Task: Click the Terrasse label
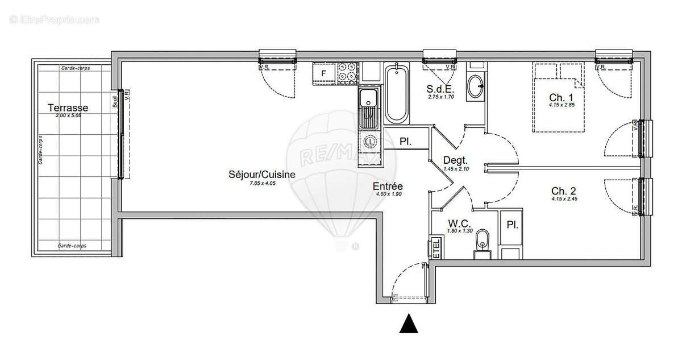[x=68, y=107]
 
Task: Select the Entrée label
[x=388, y=186]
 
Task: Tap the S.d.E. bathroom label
[x=440, y=89]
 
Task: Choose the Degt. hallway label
[x=455, y=160]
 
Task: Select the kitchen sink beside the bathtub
[x=368, y=106]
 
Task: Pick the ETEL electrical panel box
[x=436, y=248]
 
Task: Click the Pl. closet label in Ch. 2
[x=512, y=225]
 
